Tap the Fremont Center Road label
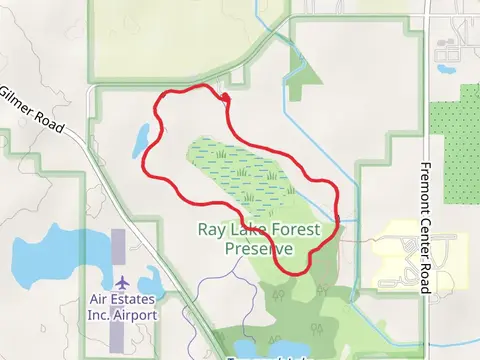[425, 229]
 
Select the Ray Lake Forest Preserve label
[260, 239]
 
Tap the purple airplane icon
[122, 283]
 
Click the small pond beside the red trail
[142, 139]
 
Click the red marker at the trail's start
[226, 97]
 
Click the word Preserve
[260, 248]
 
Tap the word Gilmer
[18, 98]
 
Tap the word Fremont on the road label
[425, 185]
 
